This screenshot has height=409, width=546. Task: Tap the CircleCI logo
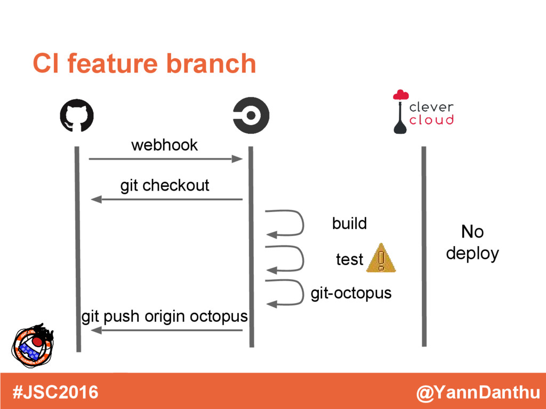click(251, 116)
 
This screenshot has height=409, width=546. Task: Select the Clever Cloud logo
click(423, 112)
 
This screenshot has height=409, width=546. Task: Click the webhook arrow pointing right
click(166, 159)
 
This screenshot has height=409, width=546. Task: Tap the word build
click(349, 223)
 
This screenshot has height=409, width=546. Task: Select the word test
click(349, 259)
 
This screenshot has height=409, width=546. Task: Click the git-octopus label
click(351, 293)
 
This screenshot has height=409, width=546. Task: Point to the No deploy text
click(472, 243)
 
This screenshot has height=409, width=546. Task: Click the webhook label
click(164, 145)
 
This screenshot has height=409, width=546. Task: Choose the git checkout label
click(165, 185)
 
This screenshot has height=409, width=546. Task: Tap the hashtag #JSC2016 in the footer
click(55, 392)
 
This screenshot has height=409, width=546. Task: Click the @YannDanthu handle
click(478, 393)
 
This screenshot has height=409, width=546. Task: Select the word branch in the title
click(211, 64)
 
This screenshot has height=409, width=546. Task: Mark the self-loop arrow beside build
click(285, 223)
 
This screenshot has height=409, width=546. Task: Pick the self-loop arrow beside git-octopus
click(285, 292)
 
